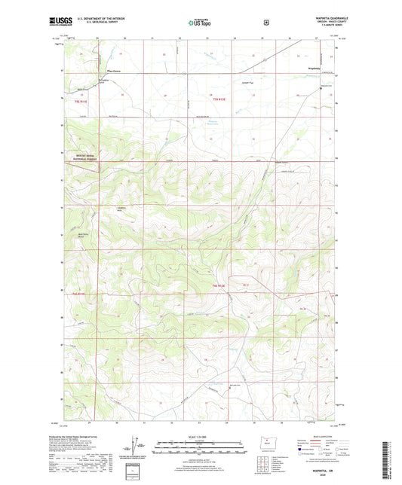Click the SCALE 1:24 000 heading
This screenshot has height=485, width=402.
[x=201, y=438]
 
